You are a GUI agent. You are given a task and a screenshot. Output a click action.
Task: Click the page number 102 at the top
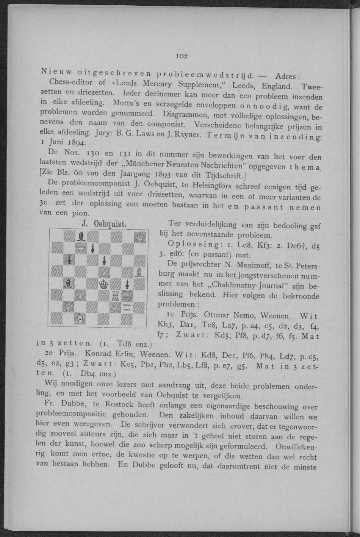pyautogui.click(x=182, y=56)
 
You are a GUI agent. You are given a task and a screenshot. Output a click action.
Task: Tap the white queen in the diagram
pyautogui.click(x=81, y=249)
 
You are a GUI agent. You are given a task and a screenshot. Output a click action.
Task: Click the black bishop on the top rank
pyautogui.click(x=81, y=237)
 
